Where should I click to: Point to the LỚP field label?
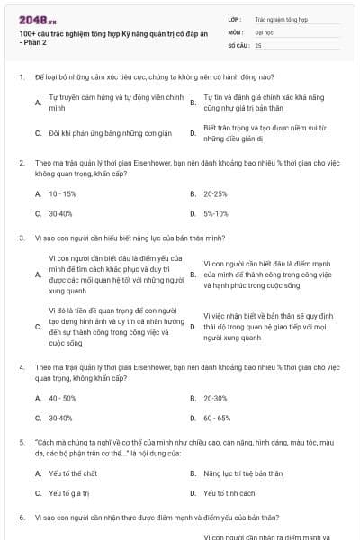236,18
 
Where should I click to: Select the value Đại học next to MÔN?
265,31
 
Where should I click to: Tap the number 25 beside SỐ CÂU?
258,44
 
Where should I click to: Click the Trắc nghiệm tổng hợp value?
281,18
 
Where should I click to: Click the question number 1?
21,77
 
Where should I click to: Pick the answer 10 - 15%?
62,193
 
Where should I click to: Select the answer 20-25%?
215,193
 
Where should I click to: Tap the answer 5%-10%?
216,213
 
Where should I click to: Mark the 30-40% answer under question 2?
60,213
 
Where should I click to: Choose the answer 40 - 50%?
62,398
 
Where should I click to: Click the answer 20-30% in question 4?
215,398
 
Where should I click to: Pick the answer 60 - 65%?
217,418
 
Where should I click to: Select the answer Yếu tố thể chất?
73,473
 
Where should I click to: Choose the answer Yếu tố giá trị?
68,493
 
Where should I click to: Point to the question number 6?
21,517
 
